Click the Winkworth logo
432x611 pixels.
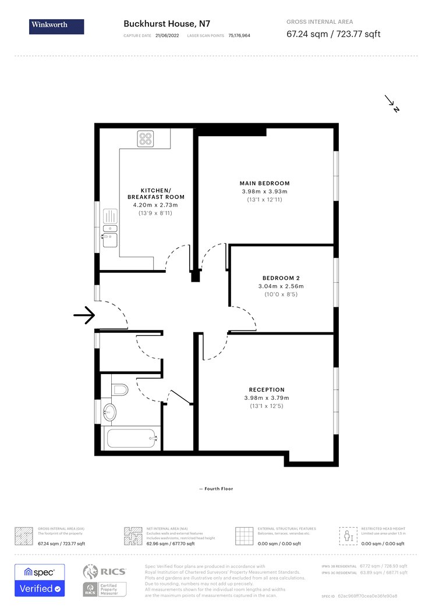(56, 26)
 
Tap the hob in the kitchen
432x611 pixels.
(146, 138)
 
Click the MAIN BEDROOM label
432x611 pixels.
(265, 183)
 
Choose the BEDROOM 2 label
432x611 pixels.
(281, 278)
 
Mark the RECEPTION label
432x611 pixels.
(267, 390)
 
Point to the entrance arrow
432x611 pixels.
(84, 315)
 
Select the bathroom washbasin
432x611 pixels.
(109, 413)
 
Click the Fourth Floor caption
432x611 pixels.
(216, 489)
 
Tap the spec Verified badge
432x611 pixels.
(40, 580)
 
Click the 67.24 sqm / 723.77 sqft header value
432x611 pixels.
(333, 34)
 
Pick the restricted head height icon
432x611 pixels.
(348, 535)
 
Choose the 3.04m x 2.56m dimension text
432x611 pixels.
(281, 286)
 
